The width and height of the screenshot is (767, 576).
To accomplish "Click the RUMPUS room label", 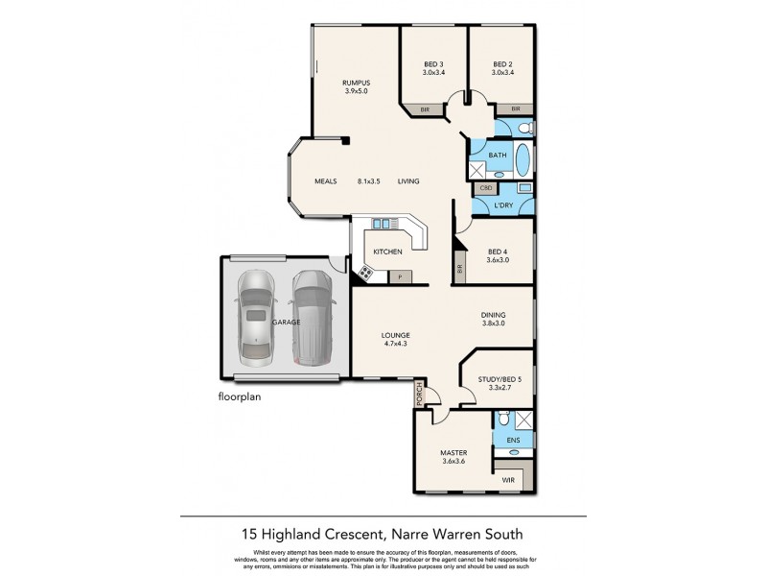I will click(x=356, y=83).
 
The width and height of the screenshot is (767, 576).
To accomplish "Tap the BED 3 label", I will click(x=434, y=63).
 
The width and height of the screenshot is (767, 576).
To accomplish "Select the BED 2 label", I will click(x=502, y=63).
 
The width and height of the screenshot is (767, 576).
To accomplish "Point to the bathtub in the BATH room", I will click(x=523, y=159).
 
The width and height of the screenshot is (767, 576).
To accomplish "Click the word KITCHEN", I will click(x=387, y=252).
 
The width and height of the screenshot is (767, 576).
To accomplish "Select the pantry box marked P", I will click(x=400, y=277).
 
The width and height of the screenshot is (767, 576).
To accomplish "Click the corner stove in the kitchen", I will click(x=365, y=274).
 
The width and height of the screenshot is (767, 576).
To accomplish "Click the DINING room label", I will click(x=494, y=315).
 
